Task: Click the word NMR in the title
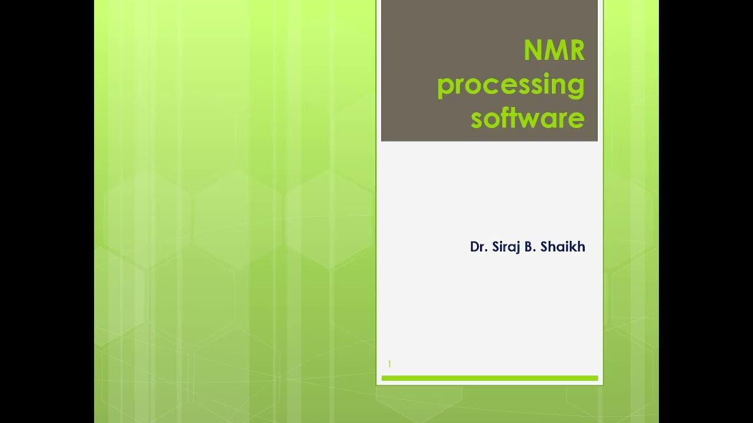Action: pyautogui.click(x=554, y=51)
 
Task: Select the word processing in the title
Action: pyautogui.click(x=511, y=85)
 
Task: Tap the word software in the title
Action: pyautogui.click(x=527, y=118)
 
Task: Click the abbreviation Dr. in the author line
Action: pyautogui.click(x=478, y=247)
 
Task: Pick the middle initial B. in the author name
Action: pyautogui.click(x=529, y=247)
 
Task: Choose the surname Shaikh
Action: pyautogui.click(x=562, y=247)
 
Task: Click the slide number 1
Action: pyautogui.click(x=389, y=364)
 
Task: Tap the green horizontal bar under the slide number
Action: pyautogui.click(x=489, y=378)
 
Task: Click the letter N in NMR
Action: pyautogui.click(x=533, y=51)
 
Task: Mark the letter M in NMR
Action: pyautogui.click(x=554, y=51)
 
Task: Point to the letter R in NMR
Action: pyautogui.click(x=575, y=51)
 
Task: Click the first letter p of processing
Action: pyautogui.click(x=445, y=87)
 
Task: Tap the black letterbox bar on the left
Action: pyautogui.click(x=47, y=211)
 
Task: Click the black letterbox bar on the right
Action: pyautogui.click(x=706, y=211)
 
